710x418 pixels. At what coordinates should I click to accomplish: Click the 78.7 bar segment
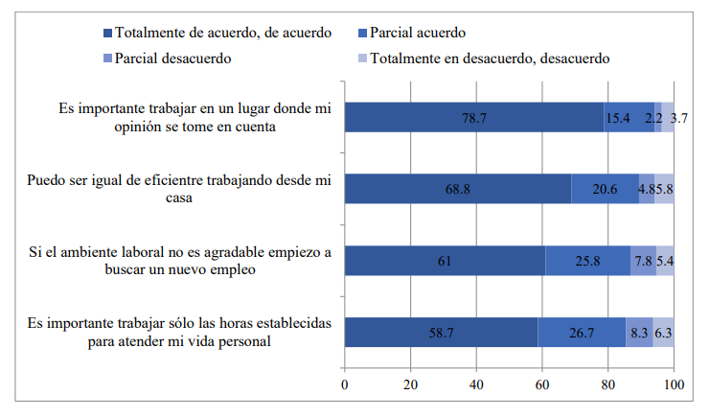474,117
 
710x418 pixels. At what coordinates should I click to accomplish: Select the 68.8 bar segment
458,189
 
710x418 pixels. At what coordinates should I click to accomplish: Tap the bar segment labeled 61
445,260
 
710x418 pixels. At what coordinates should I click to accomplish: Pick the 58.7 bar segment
441,332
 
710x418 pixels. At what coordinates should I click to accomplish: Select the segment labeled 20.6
605,189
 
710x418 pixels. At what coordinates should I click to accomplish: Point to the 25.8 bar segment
587,260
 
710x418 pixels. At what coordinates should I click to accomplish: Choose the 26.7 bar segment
582,332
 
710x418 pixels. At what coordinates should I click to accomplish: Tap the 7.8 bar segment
643,260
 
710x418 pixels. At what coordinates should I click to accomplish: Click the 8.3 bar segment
639,332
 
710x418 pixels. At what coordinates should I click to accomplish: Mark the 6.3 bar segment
663,332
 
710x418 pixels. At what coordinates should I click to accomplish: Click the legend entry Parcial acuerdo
411,34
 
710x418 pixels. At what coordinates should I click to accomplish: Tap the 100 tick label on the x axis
674,385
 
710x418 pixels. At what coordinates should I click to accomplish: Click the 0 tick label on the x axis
345,385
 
